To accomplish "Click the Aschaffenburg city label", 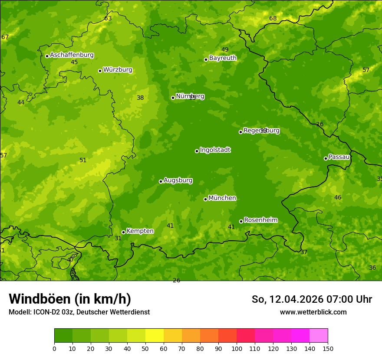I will [x=72, y=55].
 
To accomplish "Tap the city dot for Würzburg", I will [x=100, y=71].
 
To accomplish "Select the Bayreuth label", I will [x=223, y=58].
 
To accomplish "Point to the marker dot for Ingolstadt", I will [x=197, y=151].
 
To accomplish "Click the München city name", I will [x=222, y=198].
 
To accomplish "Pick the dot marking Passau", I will [x=326, y=158].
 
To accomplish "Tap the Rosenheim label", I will [x=260, y=220].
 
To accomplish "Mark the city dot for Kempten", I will [x=123, y=232].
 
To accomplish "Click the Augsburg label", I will [x=178, y=180].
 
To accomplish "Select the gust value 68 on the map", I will [x=273, y=18].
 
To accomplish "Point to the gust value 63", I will [x=108, y=18].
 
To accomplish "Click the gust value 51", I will [x=83, y=160].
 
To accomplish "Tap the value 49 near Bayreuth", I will [x=225, y=50].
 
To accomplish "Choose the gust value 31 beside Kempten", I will [x=118, y=239].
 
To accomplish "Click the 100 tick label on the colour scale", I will [x=237, y=348].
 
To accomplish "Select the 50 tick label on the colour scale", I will [x=145, y=348].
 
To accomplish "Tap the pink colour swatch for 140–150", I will [x=319, y=335].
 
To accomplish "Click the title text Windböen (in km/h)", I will [x=70, y=299].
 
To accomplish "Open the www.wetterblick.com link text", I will [x=313, y=312].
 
